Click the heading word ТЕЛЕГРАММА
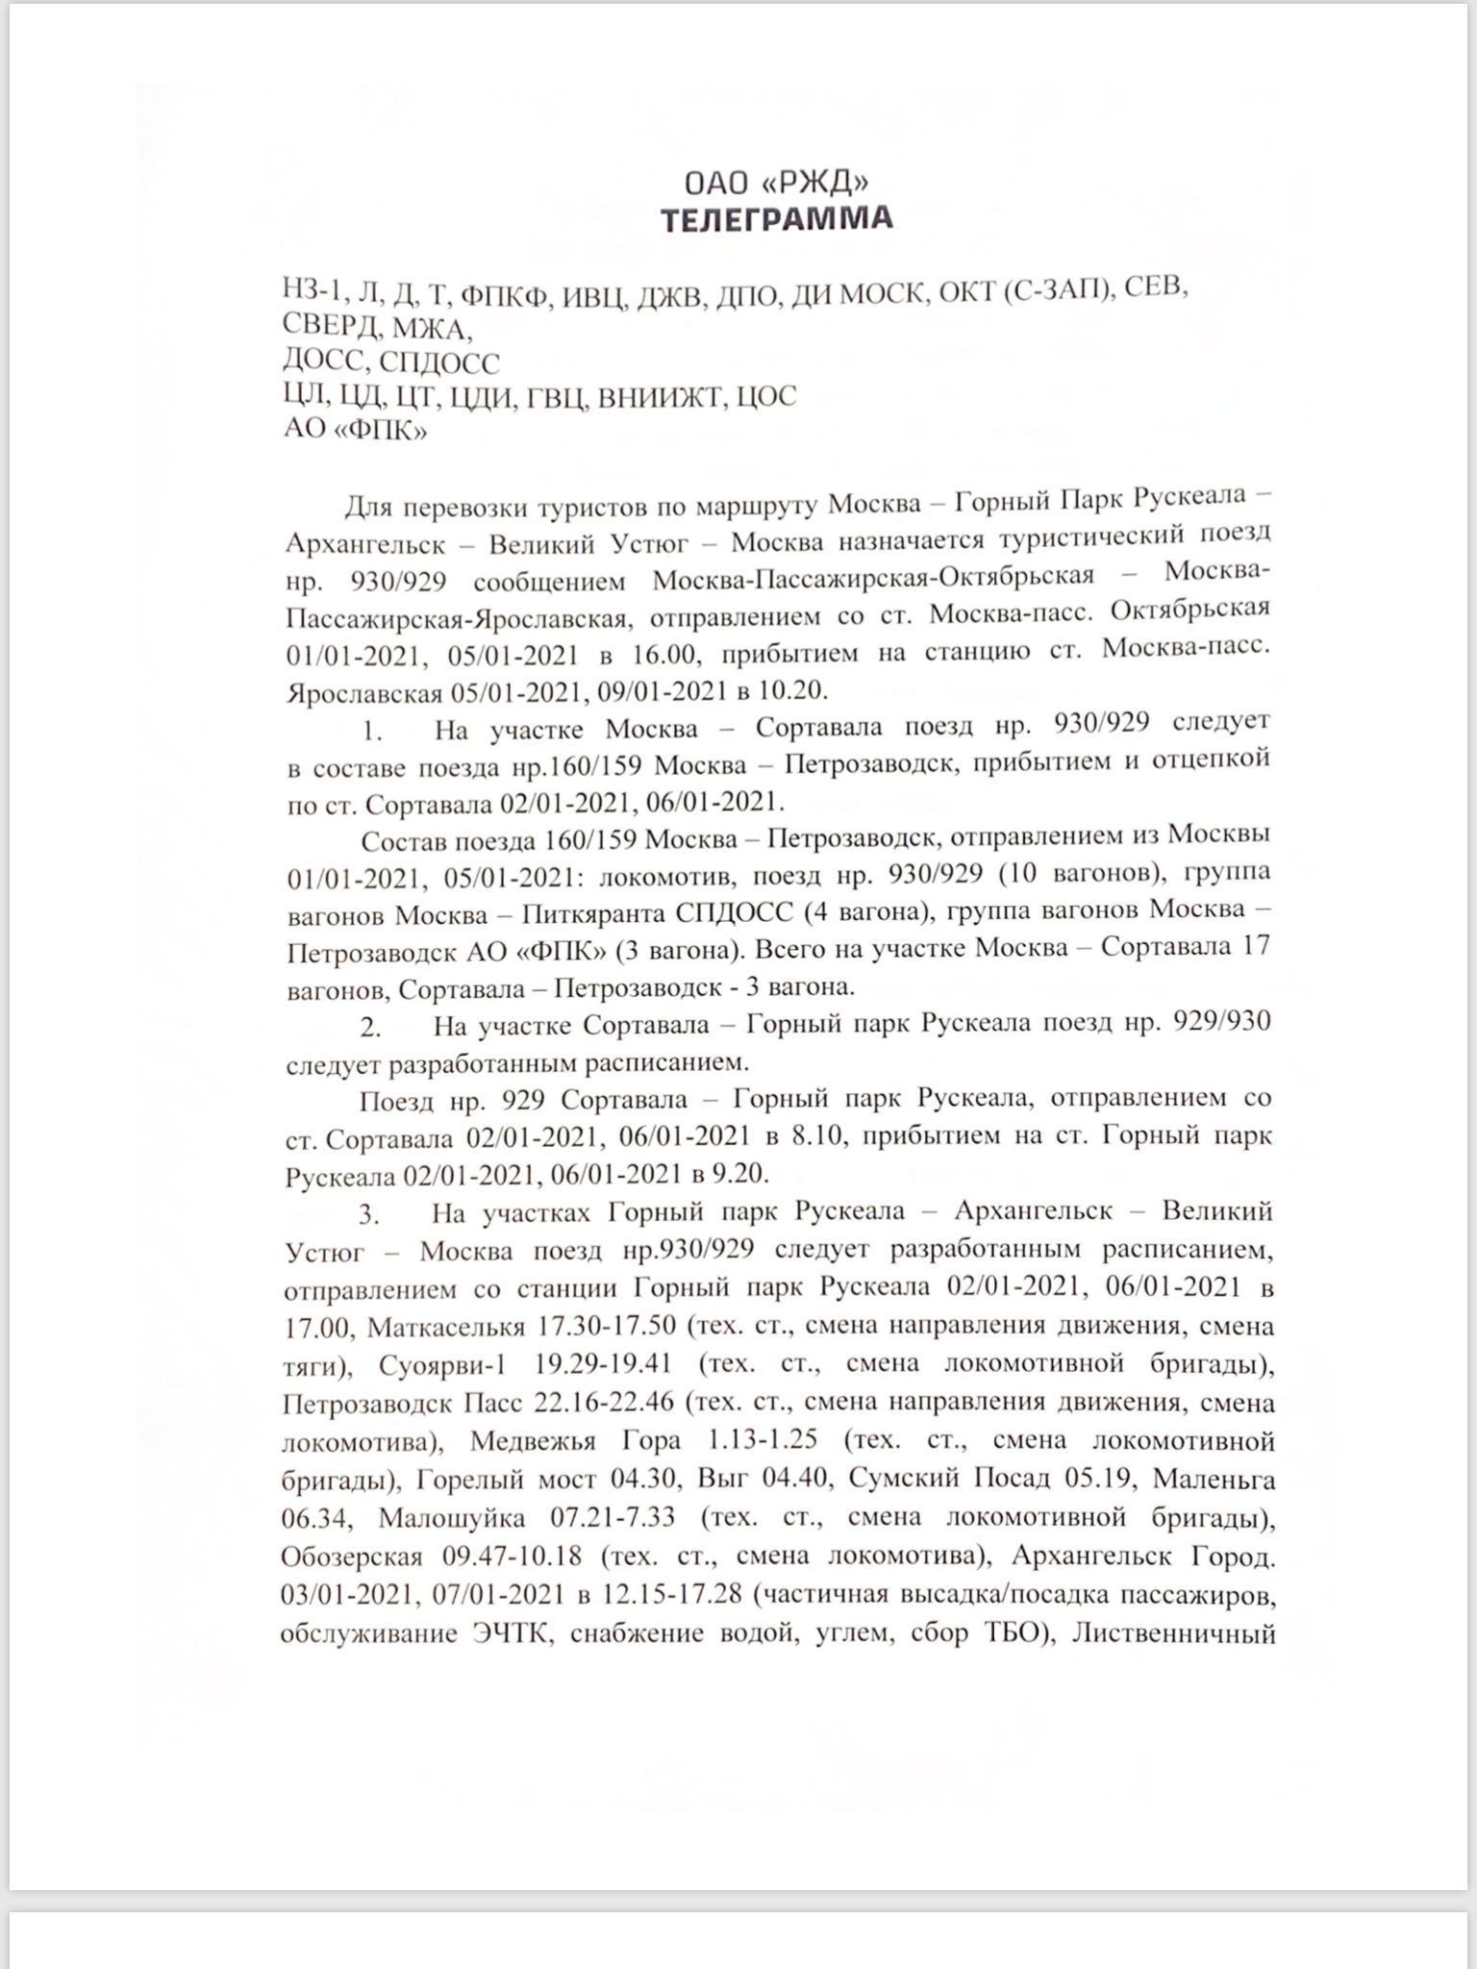(x=777, y=219)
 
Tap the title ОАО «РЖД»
(x=777, y=183)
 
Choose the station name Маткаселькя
(x=446, y=1327)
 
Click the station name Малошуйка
(x=452, y=1517)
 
